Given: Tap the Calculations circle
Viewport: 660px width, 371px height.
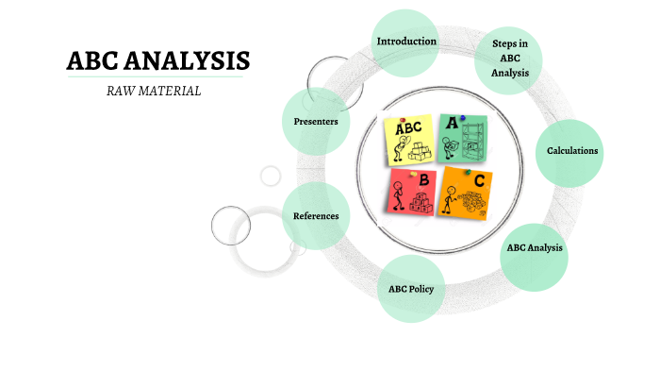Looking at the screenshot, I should click(x=570, y=151).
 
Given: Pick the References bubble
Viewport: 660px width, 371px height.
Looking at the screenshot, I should click(x=316, y=216).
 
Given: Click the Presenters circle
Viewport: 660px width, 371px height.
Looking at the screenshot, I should click(x=316, y=122).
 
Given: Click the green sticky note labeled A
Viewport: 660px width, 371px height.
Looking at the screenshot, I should click(x=462, y=137).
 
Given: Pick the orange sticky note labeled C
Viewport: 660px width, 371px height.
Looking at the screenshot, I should click(x=466, y=193).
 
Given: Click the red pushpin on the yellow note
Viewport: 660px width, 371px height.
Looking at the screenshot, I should click(x=403, y=120).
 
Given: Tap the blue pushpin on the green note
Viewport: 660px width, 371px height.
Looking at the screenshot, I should click(x=462, y=118).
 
